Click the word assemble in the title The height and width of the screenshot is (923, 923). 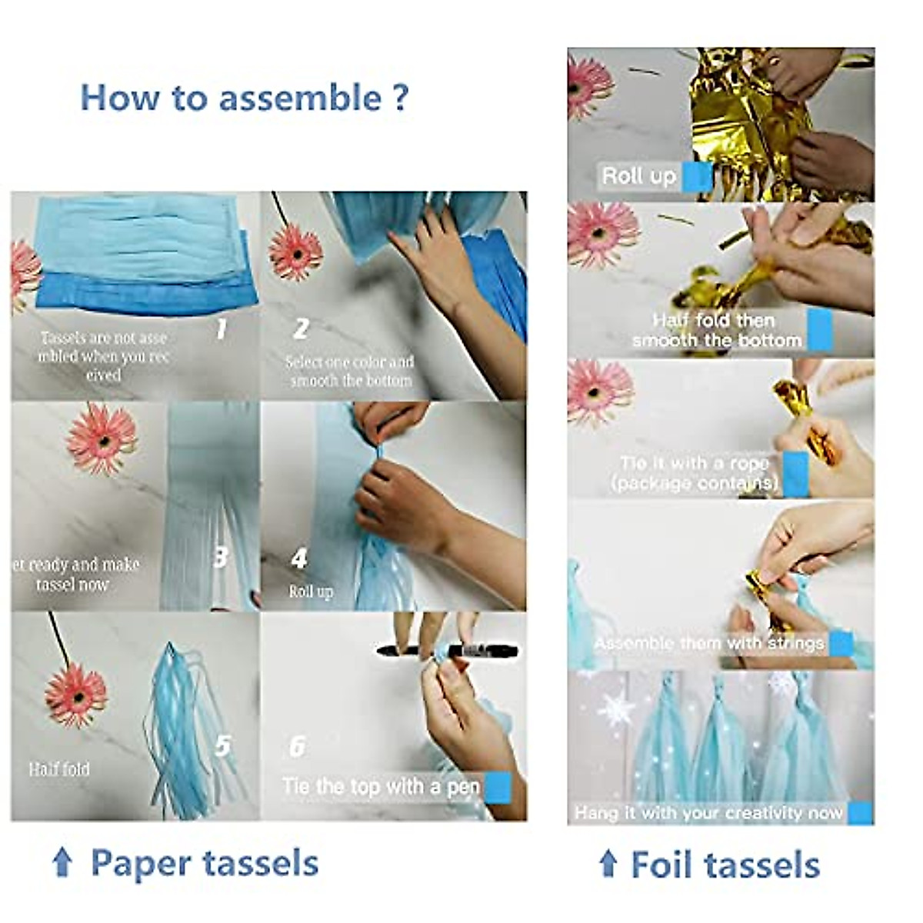299,98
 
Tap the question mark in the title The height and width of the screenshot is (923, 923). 400,98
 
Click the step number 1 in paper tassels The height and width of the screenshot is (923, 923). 222,329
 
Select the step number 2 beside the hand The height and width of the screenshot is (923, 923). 301,329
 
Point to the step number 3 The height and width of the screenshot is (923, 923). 221,556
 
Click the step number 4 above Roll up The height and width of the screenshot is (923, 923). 299,558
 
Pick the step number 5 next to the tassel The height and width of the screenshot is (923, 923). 222,745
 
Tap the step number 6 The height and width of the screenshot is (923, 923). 297,746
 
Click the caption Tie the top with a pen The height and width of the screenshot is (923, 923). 381,786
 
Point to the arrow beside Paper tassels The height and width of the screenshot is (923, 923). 62,863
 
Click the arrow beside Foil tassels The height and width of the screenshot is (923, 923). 608,864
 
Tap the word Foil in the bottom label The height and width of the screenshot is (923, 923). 664,865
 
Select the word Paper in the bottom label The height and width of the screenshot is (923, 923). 135,863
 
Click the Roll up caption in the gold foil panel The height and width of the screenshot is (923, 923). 638,176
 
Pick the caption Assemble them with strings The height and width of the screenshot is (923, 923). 708,643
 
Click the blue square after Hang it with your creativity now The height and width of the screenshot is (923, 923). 860,812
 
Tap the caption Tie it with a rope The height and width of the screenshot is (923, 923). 695,464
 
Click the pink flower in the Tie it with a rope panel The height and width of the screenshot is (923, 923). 599,390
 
